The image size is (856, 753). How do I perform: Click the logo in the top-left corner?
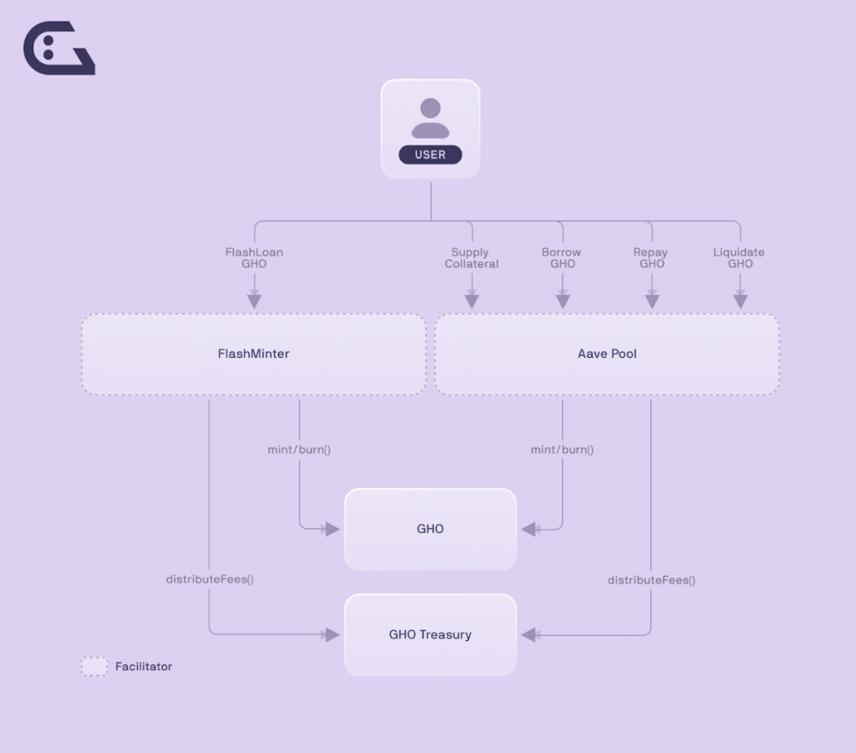(59, 48)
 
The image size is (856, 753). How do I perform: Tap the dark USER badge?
(431, 155)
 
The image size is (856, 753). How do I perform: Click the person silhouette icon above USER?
(431, 118)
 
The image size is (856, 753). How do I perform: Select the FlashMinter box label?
(253, 354)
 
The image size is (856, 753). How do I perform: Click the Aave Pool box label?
(607, 354)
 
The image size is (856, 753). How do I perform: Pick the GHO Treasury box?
(431, 634)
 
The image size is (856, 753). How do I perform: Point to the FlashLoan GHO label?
(254, 257)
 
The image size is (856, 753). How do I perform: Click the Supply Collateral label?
(471, 257)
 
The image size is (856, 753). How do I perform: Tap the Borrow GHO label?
(562, 257)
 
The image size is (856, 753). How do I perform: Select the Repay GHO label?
(651, 257)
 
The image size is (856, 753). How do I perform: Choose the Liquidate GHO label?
(739, 257)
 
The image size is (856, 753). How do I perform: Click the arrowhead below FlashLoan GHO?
(254, 301)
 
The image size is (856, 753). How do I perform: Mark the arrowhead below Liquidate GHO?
(741, 301)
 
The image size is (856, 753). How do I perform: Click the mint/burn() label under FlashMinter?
(299, 450)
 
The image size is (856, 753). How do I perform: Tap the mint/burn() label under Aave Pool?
(563, 450)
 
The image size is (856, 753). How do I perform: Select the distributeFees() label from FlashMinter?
(210, 579)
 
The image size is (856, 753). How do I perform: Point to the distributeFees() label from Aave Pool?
(651, 580)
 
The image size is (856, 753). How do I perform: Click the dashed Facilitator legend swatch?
(94, 666)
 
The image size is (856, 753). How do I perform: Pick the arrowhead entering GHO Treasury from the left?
(333, 634)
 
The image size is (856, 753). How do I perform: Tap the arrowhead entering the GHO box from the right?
(528, 529)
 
